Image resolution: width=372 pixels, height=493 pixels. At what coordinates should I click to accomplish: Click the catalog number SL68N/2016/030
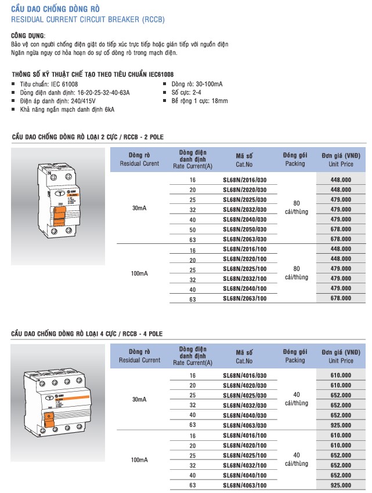245,180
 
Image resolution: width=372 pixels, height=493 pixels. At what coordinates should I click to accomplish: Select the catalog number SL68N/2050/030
245,229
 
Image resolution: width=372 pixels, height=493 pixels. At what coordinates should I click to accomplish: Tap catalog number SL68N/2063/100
245,298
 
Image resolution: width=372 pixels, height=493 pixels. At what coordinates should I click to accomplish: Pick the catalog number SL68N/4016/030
245,376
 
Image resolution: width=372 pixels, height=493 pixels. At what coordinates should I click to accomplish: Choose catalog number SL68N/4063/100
245,485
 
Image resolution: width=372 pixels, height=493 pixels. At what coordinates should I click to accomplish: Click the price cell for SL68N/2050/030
341,229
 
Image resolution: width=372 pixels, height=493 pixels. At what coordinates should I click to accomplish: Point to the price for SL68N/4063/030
341,425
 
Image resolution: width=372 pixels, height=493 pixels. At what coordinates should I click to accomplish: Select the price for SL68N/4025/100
341,455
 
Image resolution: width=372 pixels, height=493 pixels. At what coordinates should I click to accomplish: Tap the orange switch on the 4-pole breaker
50,418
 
